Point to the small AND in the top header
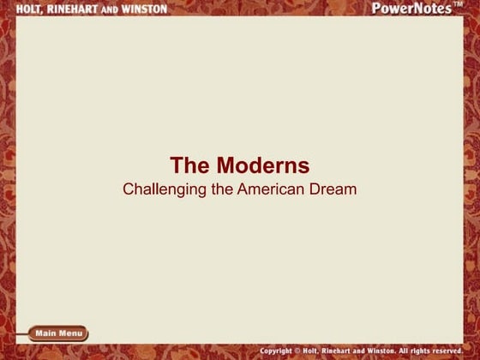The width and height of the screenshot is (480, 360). [107, 9]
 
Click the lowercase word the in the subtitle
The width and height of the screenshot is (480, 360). [222, 189]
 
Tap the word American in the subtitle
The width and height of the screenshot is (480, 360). [274, 189]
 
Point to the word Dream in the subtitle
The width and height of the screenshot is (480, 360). [336, 189]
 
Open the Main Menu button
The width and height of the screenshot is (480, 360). [58, 333]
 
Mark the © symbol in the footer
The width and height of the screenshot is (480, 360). [307, 351]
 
